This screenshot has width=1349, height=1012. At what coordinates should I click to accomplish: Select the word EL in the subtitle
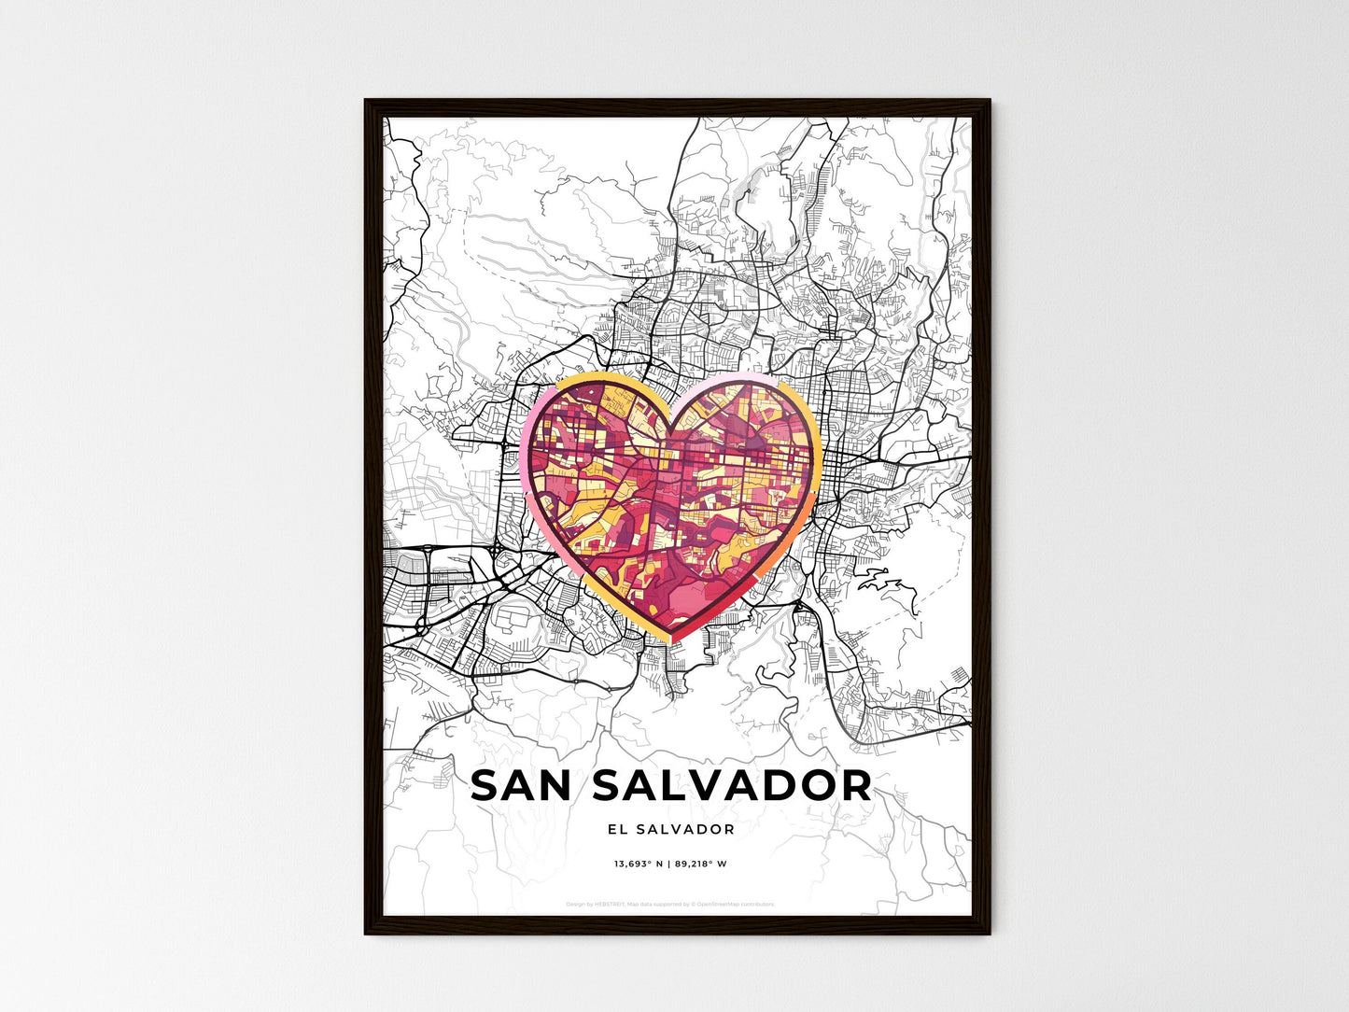coord(616,829)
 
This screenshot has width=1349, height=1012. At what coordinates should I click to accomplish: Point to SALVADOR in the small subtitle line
coord(686,829)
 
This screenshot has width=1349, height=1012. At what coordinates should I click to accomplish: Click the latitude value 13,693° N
coord(638,864)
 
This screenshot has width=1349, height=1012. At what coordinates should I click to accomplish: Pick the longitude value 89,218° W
coord(700,864)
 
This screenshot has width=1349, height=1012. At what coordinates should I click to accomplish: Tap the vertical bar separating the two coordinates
coord(668,864)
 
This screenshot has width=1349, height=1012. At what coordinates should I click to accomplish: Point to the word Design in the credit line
coord(575,905)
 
